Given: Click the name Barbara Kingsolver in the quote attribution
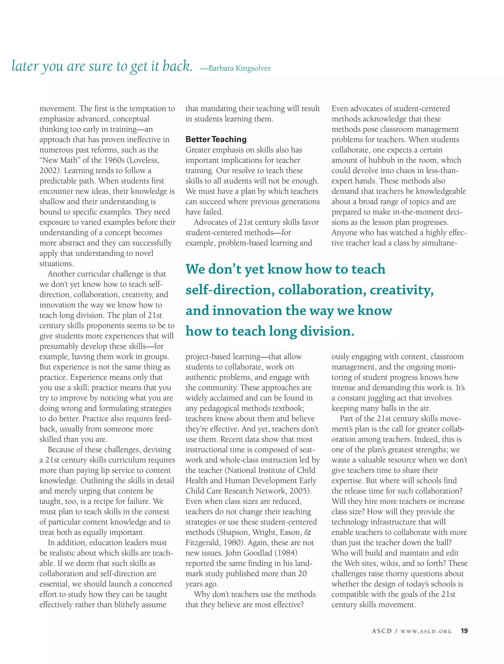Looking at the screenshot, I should (x=239, y=68).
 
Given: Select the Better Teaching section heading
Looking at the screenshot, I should (x=216, y=139).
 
